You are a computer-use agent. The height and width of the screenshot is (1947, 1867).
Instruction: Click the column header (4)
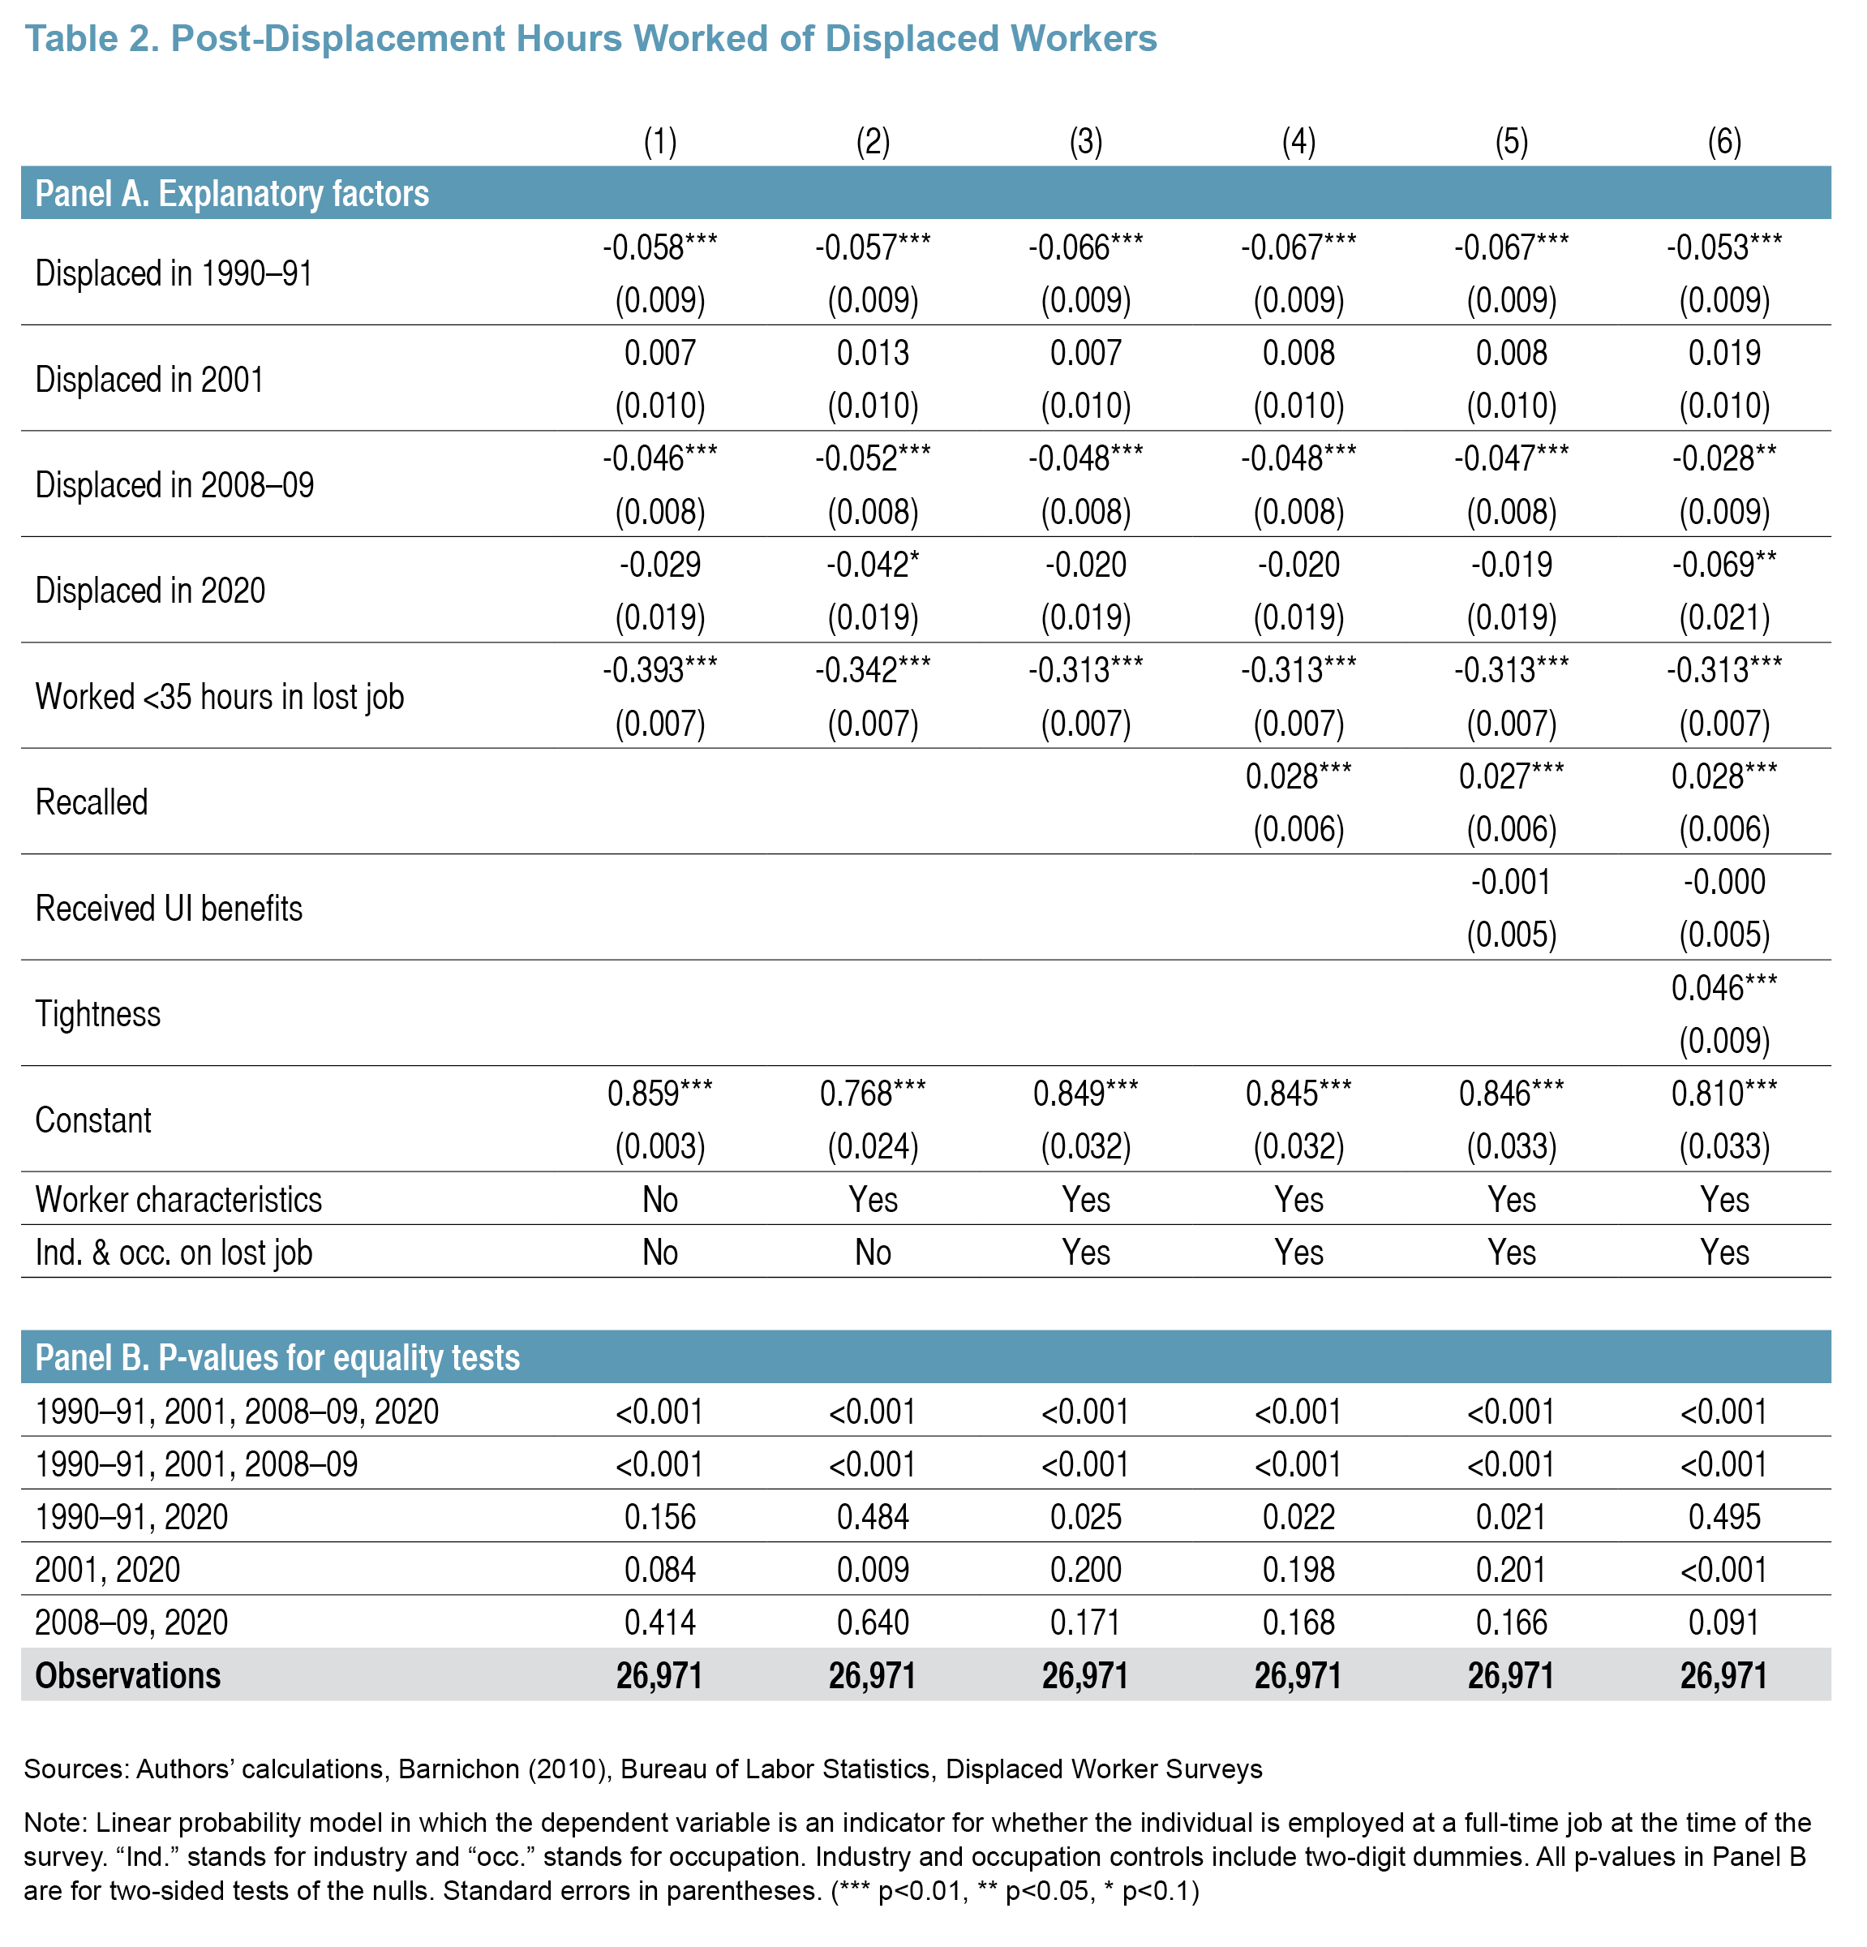tap(1298, 142)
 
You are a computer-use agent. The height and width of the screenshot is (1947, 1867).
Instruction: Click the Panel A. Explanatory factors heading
tap(231, 194)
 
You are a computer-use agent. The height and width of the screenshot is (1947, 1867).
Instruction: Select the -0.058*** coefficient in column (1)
tap(659, 247)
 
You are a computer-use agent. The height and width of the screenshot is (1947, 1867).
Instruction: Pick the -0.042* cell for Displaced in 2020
tap(872, 565)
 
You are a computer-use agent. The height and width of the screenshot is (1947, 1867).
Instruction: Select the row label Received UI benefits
tap(169, 908)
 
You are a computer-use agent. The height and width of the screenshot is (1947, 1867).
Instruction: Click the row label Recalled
tap(92, 802)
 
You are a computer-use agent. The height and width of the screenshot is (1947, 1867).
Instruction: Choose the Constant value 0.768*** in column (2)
tap(872, 1094)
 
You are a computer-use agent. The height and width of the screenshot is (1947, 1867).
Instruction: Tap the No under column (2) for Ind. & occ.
tap(872, 1252)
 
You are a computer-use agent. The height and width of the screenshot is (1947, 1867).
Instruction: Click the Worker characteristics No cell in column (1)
tap(659, 1199)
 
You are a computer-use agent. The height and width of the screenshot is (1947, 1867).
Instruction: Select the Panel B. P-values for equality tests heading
tap(277, 1357)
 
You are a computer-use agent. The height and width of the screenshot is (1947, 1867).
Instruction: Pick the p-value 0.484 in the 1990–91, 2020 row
tap(872, 1517)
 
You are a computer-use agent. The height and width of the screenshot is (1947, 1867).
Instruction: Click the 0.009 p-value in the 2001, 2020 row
tap(872, 1570)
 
